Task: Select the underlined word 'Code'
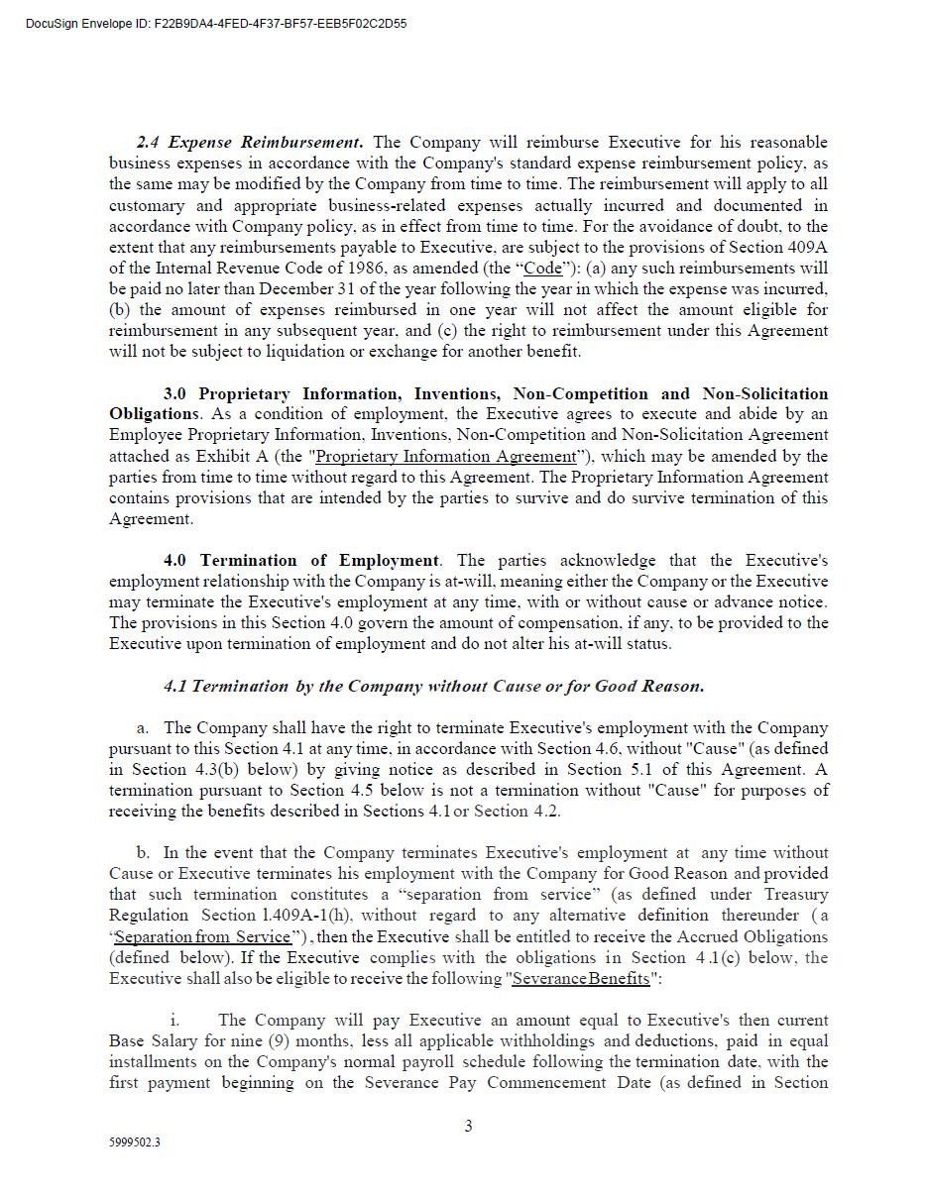point(542,269)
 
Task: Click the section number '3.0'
point(174,394)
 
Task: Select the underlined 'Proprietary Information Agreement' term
point(445,457)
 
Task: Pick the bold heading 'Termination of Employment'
point(319,561)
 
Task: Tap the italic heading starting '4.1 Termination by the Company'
point(433,686)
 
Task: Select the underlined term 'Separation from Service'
point(202,937)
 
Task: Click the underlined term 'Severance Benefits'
point(580,979)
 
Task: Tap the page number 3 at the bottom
point(468,1126)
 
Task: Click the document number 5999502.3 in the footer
point(135,1143)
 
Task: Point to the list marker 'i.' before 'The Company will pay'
point(174,1021)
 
